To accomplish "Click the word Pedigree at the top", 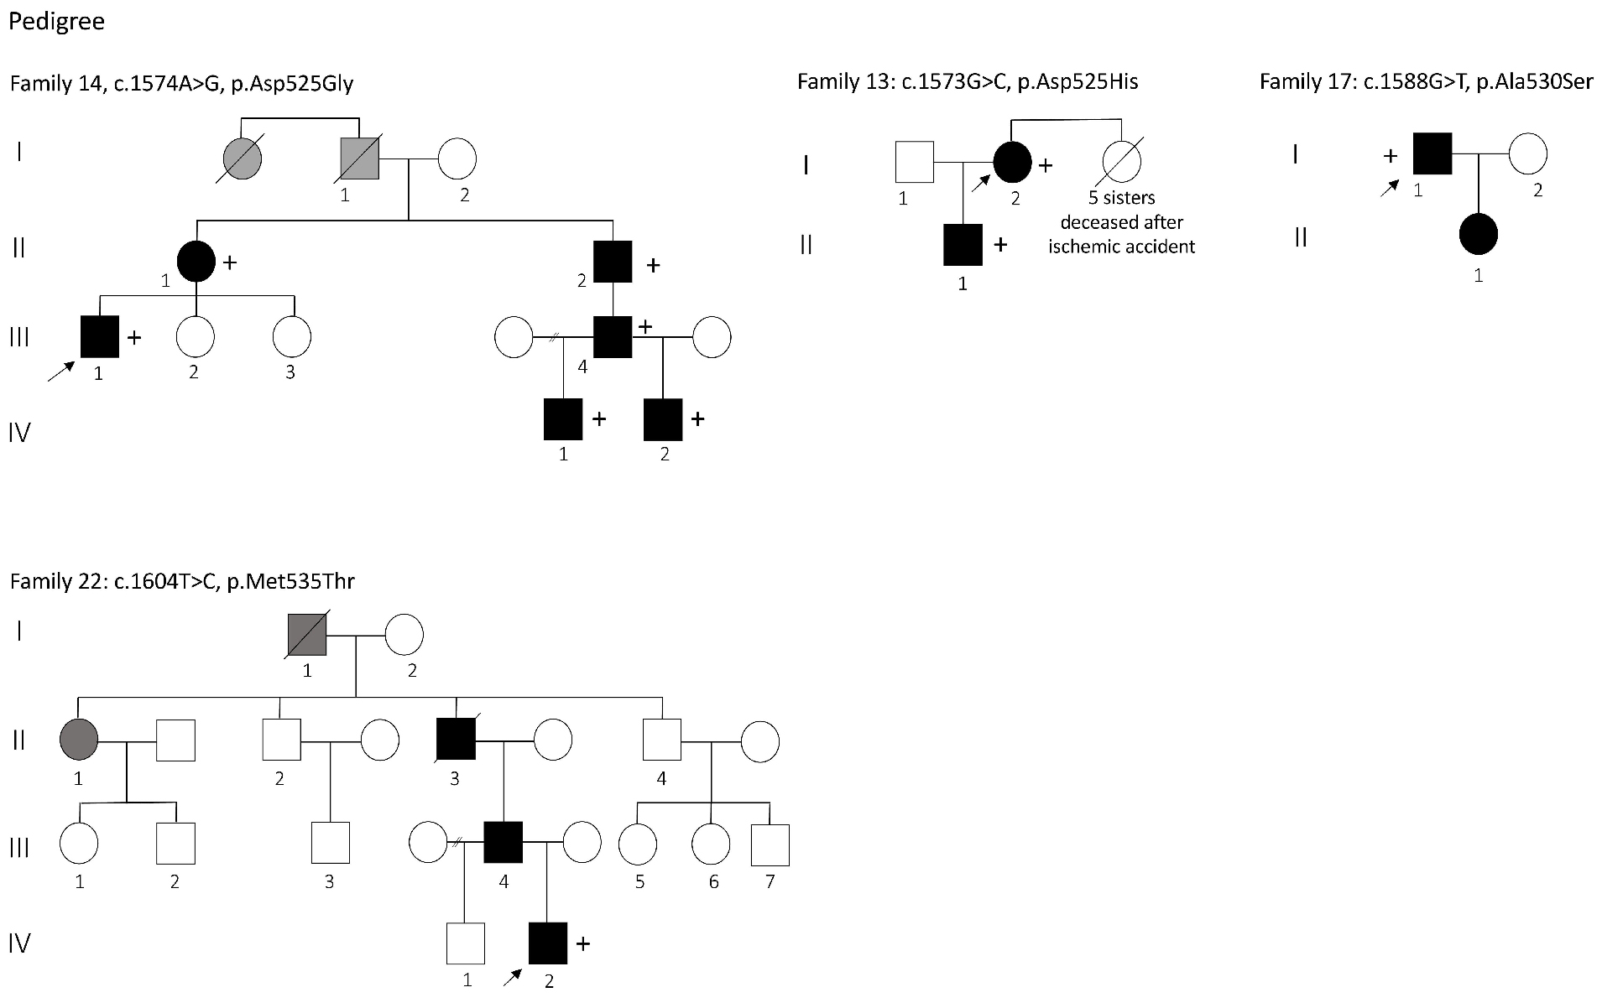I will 56,21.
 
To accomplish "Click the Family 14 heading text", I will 181,84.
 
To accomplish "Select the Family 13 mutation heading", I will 968,81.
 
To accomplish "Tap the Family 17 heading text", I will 1426,81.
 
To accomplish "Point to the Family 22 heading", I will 182,581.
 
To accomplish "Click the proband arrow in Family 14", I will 60,369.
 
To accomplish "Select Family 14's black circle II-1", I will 196,262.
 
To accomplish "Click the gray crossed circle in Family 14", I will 243,158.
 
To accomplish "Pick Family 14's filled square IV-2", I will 663,419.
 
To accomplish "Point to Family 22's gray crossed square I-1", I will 307,634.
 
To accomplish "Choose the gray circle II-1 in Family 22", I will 79,739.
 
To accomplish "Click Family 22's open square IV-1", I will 466,943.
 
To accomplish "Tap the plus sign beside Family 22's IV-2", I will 583,943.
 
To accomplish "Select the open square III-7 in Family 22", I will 770,845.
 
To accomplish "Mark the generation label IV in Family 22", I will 19,943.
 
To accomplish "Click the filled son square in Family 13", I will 963,244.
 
